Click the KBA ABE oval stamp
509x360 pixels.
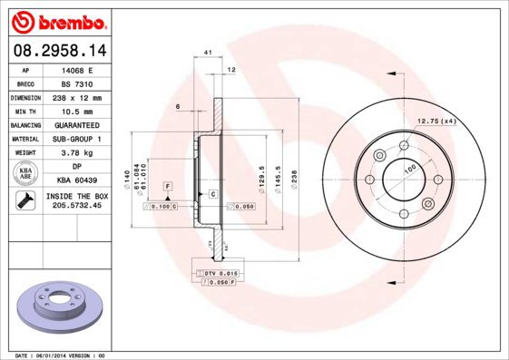click(x=25, y=174)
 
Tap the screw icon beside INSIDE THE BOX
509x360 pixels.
click(x=25, y=200)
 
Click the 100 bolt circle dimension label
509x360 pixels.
click(x=409, y=169)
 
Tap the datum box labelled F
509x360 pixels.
click(x=168, y=186)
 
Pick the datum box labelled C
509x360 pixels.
click(x=213, y=195)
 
